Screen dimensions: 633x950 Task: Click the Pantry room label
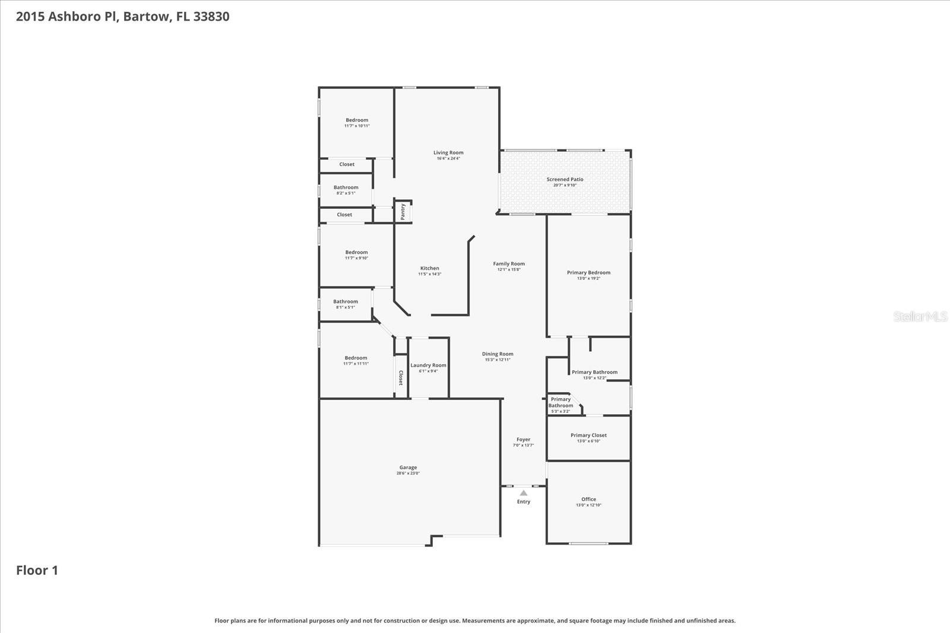tap(403, 211)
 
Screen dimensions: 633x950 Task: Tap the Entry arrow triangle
tap(523, 493)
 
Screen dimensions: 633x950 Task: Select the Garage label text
tap(408, 467)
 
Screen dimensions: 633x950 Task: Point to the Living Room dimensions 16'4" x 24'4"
tap(448, 158)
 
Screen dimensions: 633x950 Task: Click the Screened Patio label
tap(565, 179)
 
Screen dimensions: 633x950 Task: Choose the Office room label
tap(588, 500)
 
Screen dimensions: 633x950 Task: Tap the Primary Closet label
tap(588, 435)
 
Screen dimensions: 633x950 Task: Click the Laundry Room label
tap(428, 365)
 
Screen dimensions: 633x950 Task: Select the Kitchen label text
tap(430, 268)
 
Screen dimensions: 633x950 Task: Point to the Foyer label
tap(523, 440)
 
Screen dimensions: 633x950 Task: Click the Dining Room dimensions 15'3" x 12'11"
tap(498, 360)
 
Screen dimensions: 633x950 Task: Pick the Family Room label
tap(509, 263)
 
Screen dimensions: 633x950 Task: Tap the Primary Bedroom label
tap(588, 272)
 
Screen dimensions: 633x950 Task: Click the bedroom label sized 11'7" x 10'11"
tap(357, 120)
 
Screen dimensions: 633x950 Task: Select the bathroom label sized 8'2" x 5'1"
tap(346, 187)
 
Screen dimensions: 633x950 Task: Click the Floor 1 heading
tap(37, 570)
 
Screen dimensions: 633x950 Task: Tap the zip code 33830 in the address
tap(211, 17)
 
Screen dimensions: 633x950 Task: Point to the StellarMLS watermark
tap(920, 317)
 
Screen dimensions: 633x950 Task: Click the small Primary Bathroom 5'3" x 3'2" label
tap(560, 403)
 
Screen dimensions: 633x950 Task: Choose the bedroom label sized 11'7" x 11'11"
tap(356, 358)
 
